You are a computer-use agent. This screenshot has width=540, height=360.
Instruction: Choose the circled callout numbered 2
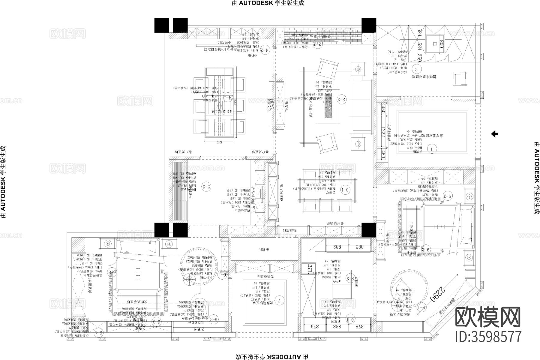(x=416, y=69)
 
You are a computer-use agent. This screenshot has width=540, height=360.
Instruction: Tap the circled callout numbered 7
(x=279, y=300)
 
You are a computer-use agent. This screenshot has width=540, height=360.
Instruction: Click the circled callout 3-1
(x=346, y=189)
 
